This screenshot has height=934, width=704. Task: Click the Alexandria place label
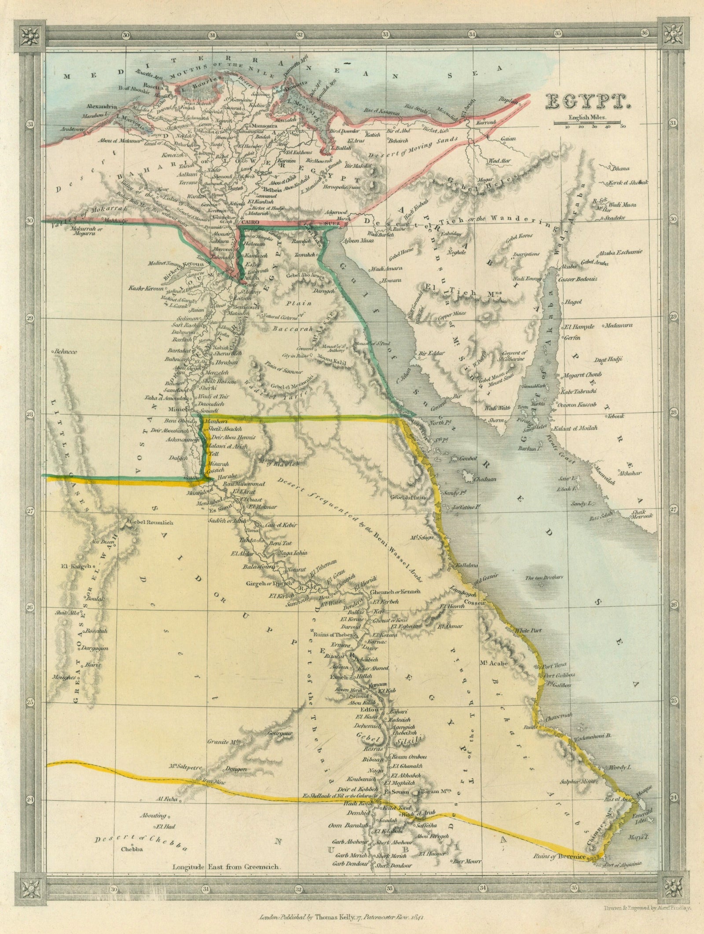102,107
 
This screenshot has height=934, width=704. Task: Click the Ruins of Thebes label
333,634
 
